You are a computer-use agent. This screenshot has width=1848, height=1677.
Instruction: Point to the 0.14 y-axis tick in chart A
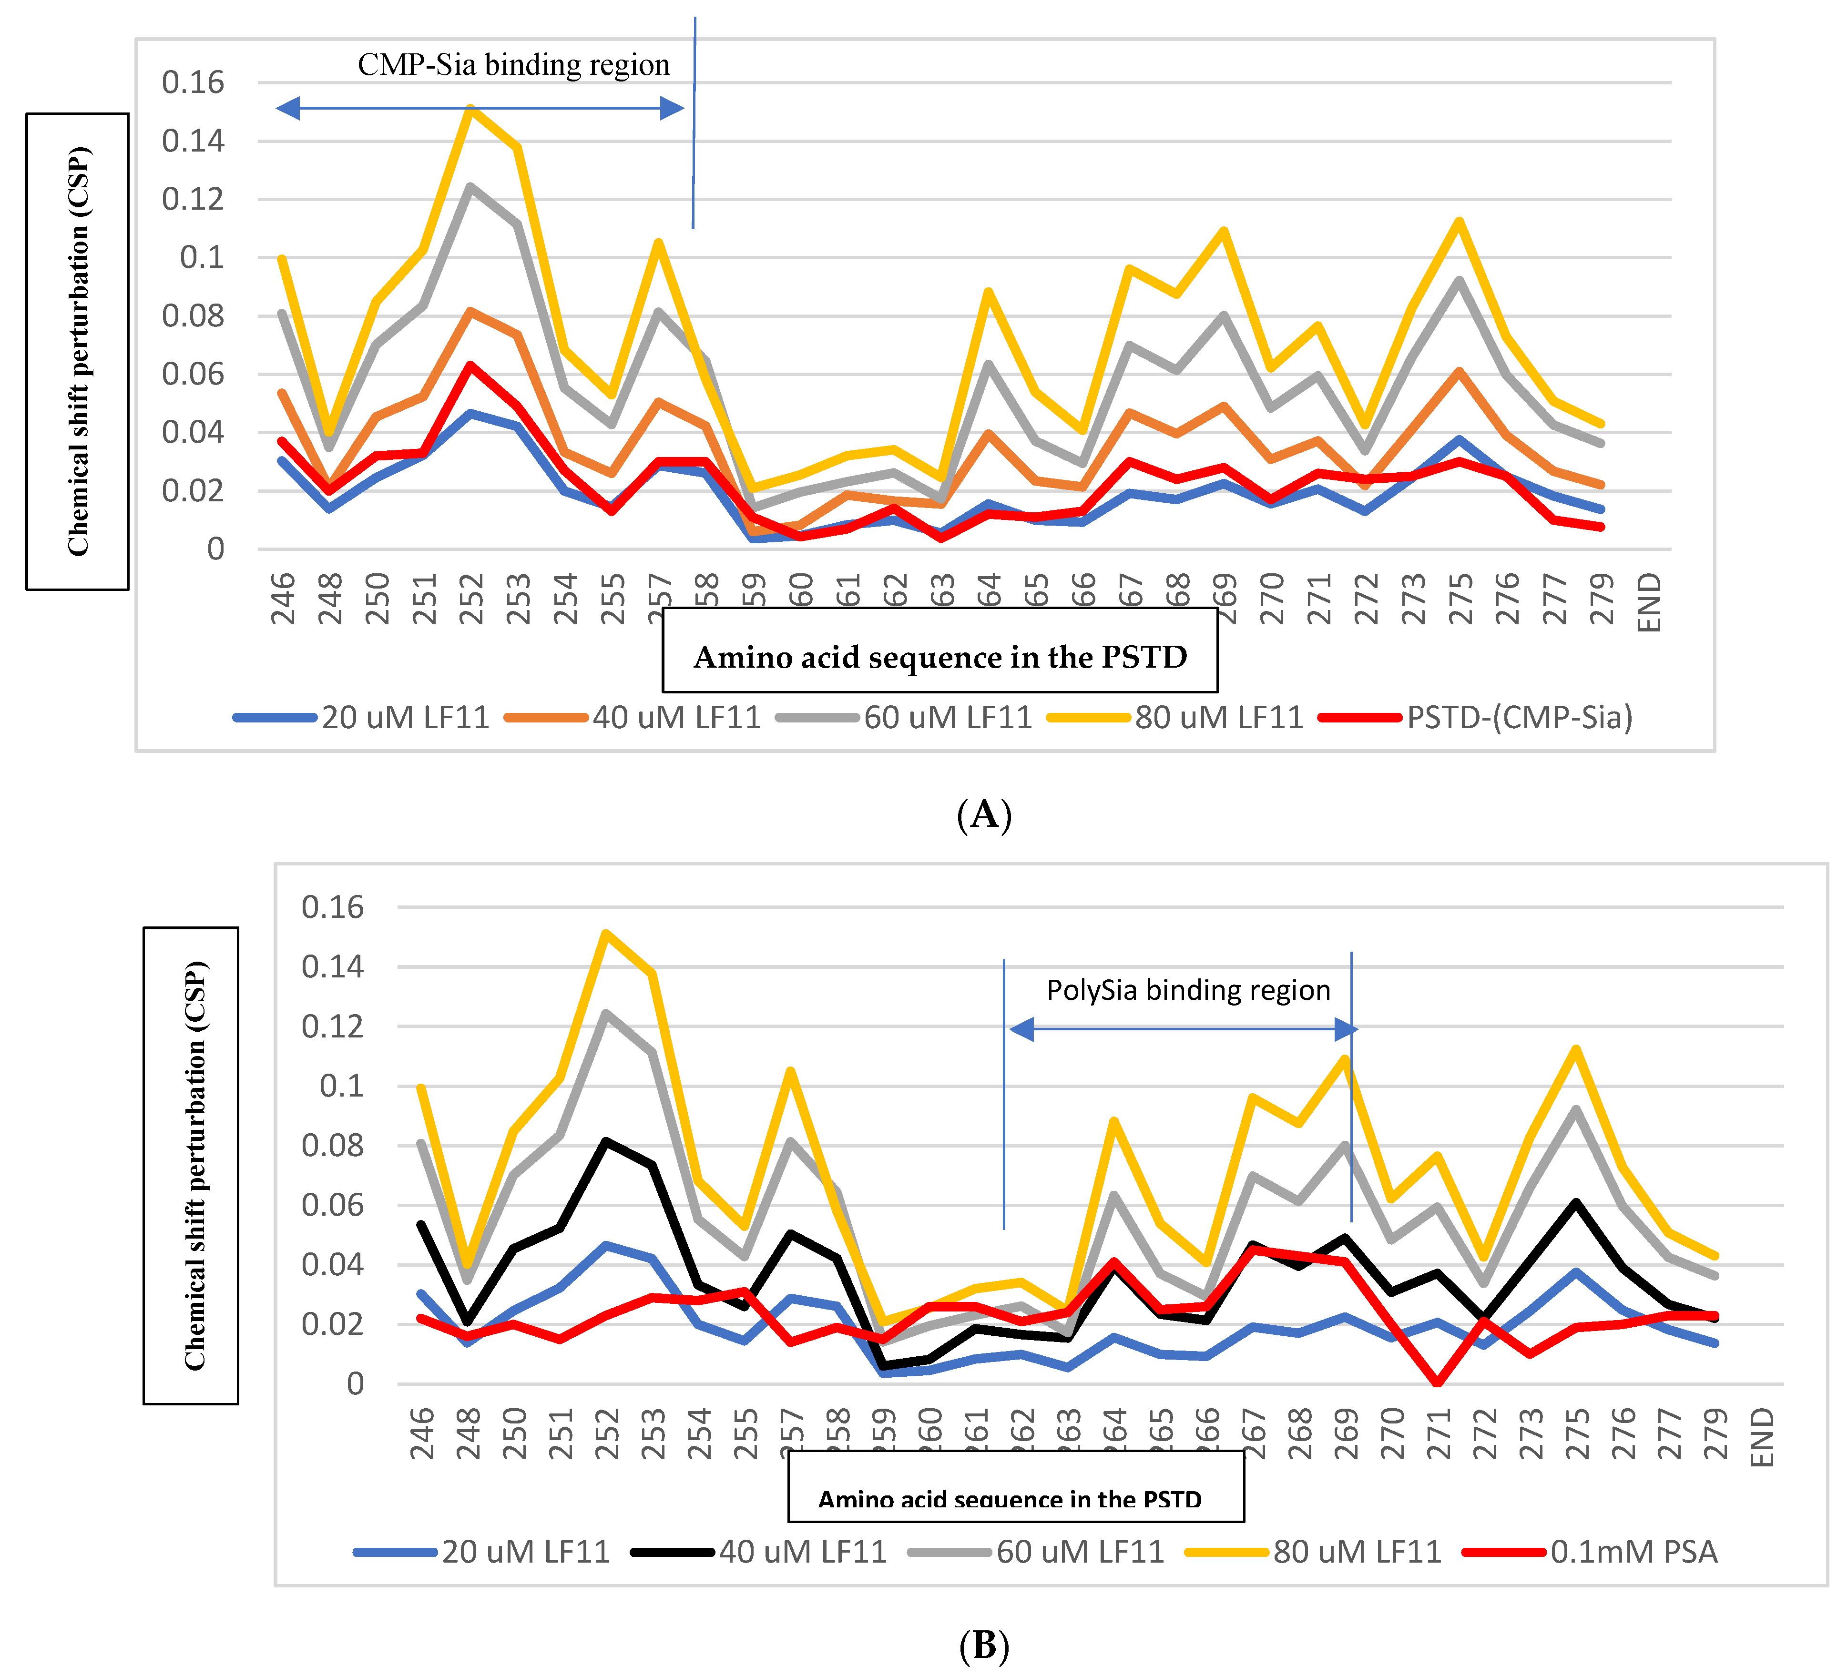tap(193, 141)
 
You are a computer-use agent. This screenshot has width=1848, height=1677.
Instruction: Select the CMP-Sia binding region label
tap(513, 65)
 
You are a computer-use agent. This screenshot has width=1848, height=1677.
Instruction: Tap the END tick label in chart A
tap(1649, 602)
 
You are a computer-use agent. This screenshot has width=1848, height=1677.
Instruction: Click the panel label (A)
tap(984, 814)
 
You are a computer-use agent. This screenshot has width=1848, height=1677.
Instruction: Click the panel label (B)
tap(984, 1646)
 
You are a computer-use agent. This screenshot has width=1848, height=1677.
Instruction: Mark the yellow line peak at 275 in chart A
tap(1459, 221)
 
